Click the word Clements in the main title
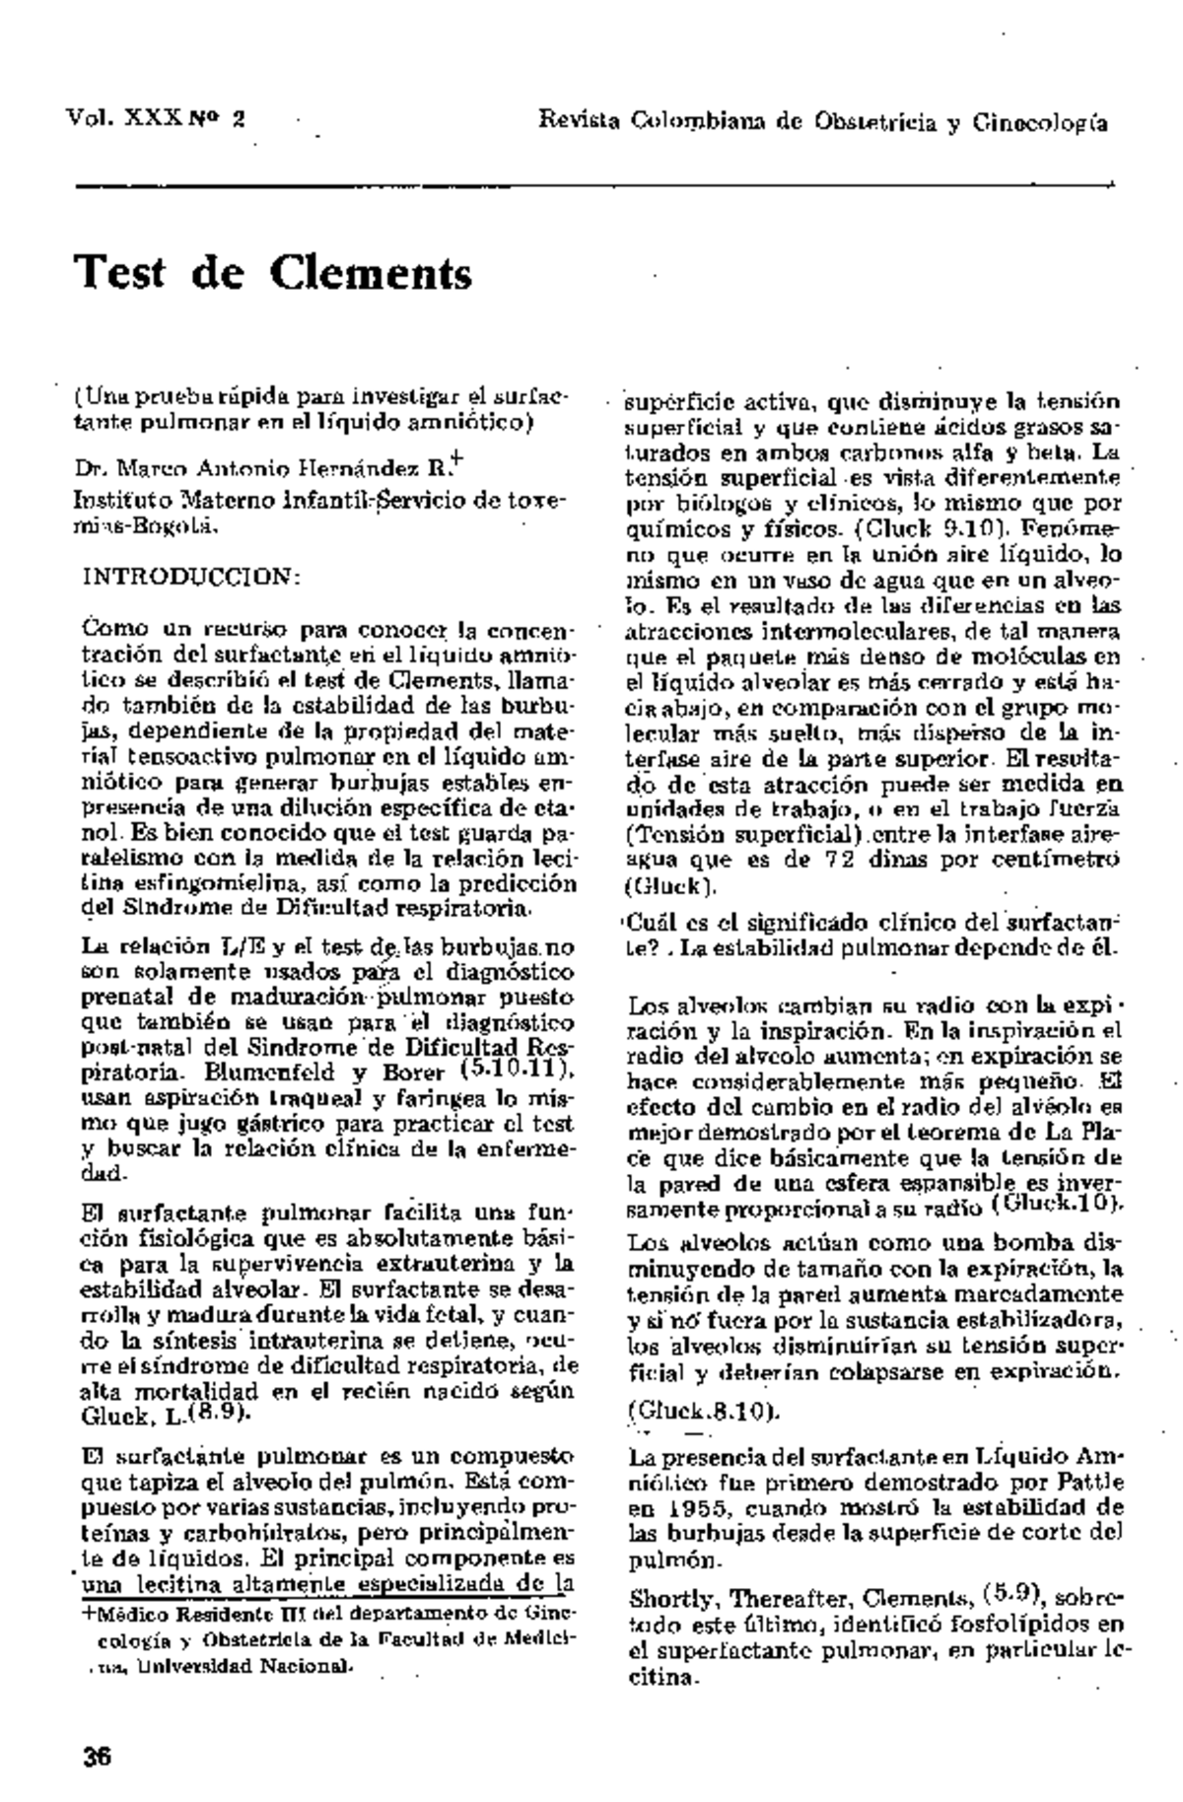(369, 273)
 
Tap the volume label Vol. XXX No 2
(156, 121)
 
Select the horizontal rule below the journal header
(591, 184)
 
